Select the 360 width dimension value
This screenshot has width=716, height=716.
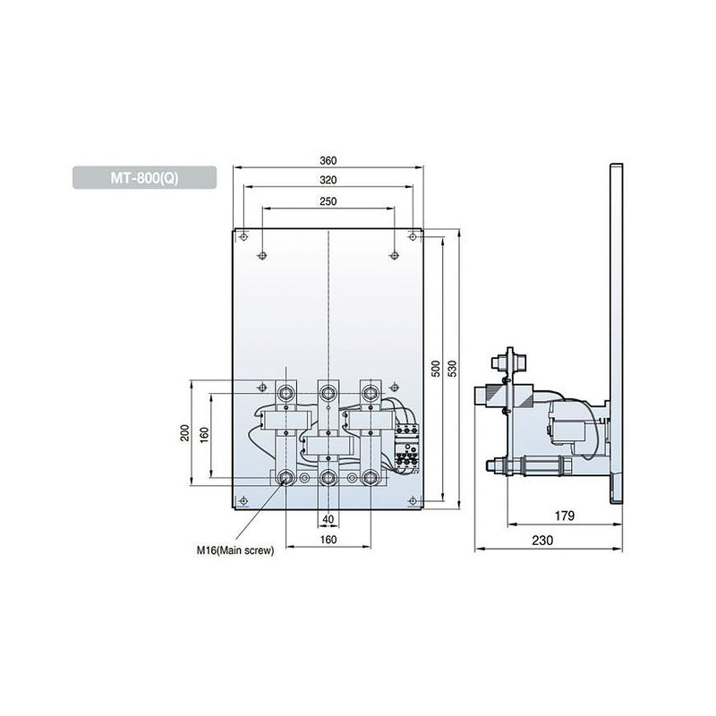pyautogui.click(x=328, y=161)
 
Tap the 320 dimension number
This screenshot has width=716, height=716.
pyautogui.click(x=328, y=179)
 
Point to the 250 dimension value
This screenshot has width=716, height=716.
pyautogui.click(x=328, y=200)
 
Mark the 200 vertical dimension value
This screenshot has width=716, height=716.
pyautogui.click(x=185, y=432)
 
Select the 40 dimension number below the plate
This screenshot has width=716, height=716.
pyautogui.click(x=328, y=520)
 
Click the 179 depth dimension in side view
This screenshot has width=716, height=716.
pyautogui.click(x=560, y=516)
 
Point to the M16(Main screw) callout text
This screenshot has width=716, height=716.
pyautogui.click(x=235, y=551)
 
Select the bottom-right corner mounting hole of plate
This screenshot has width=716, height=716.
pyautogui.click(x=412, y=499)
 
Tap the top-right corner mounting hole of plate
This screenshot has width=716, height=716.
pyautogui.click(x=412, y=236)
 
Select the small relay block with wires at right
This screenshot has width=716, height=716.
pyautogui.click(x=407, y=447)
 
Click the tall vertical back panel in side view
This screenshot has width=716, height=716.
pyautogui.click(x=615, y=340)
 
